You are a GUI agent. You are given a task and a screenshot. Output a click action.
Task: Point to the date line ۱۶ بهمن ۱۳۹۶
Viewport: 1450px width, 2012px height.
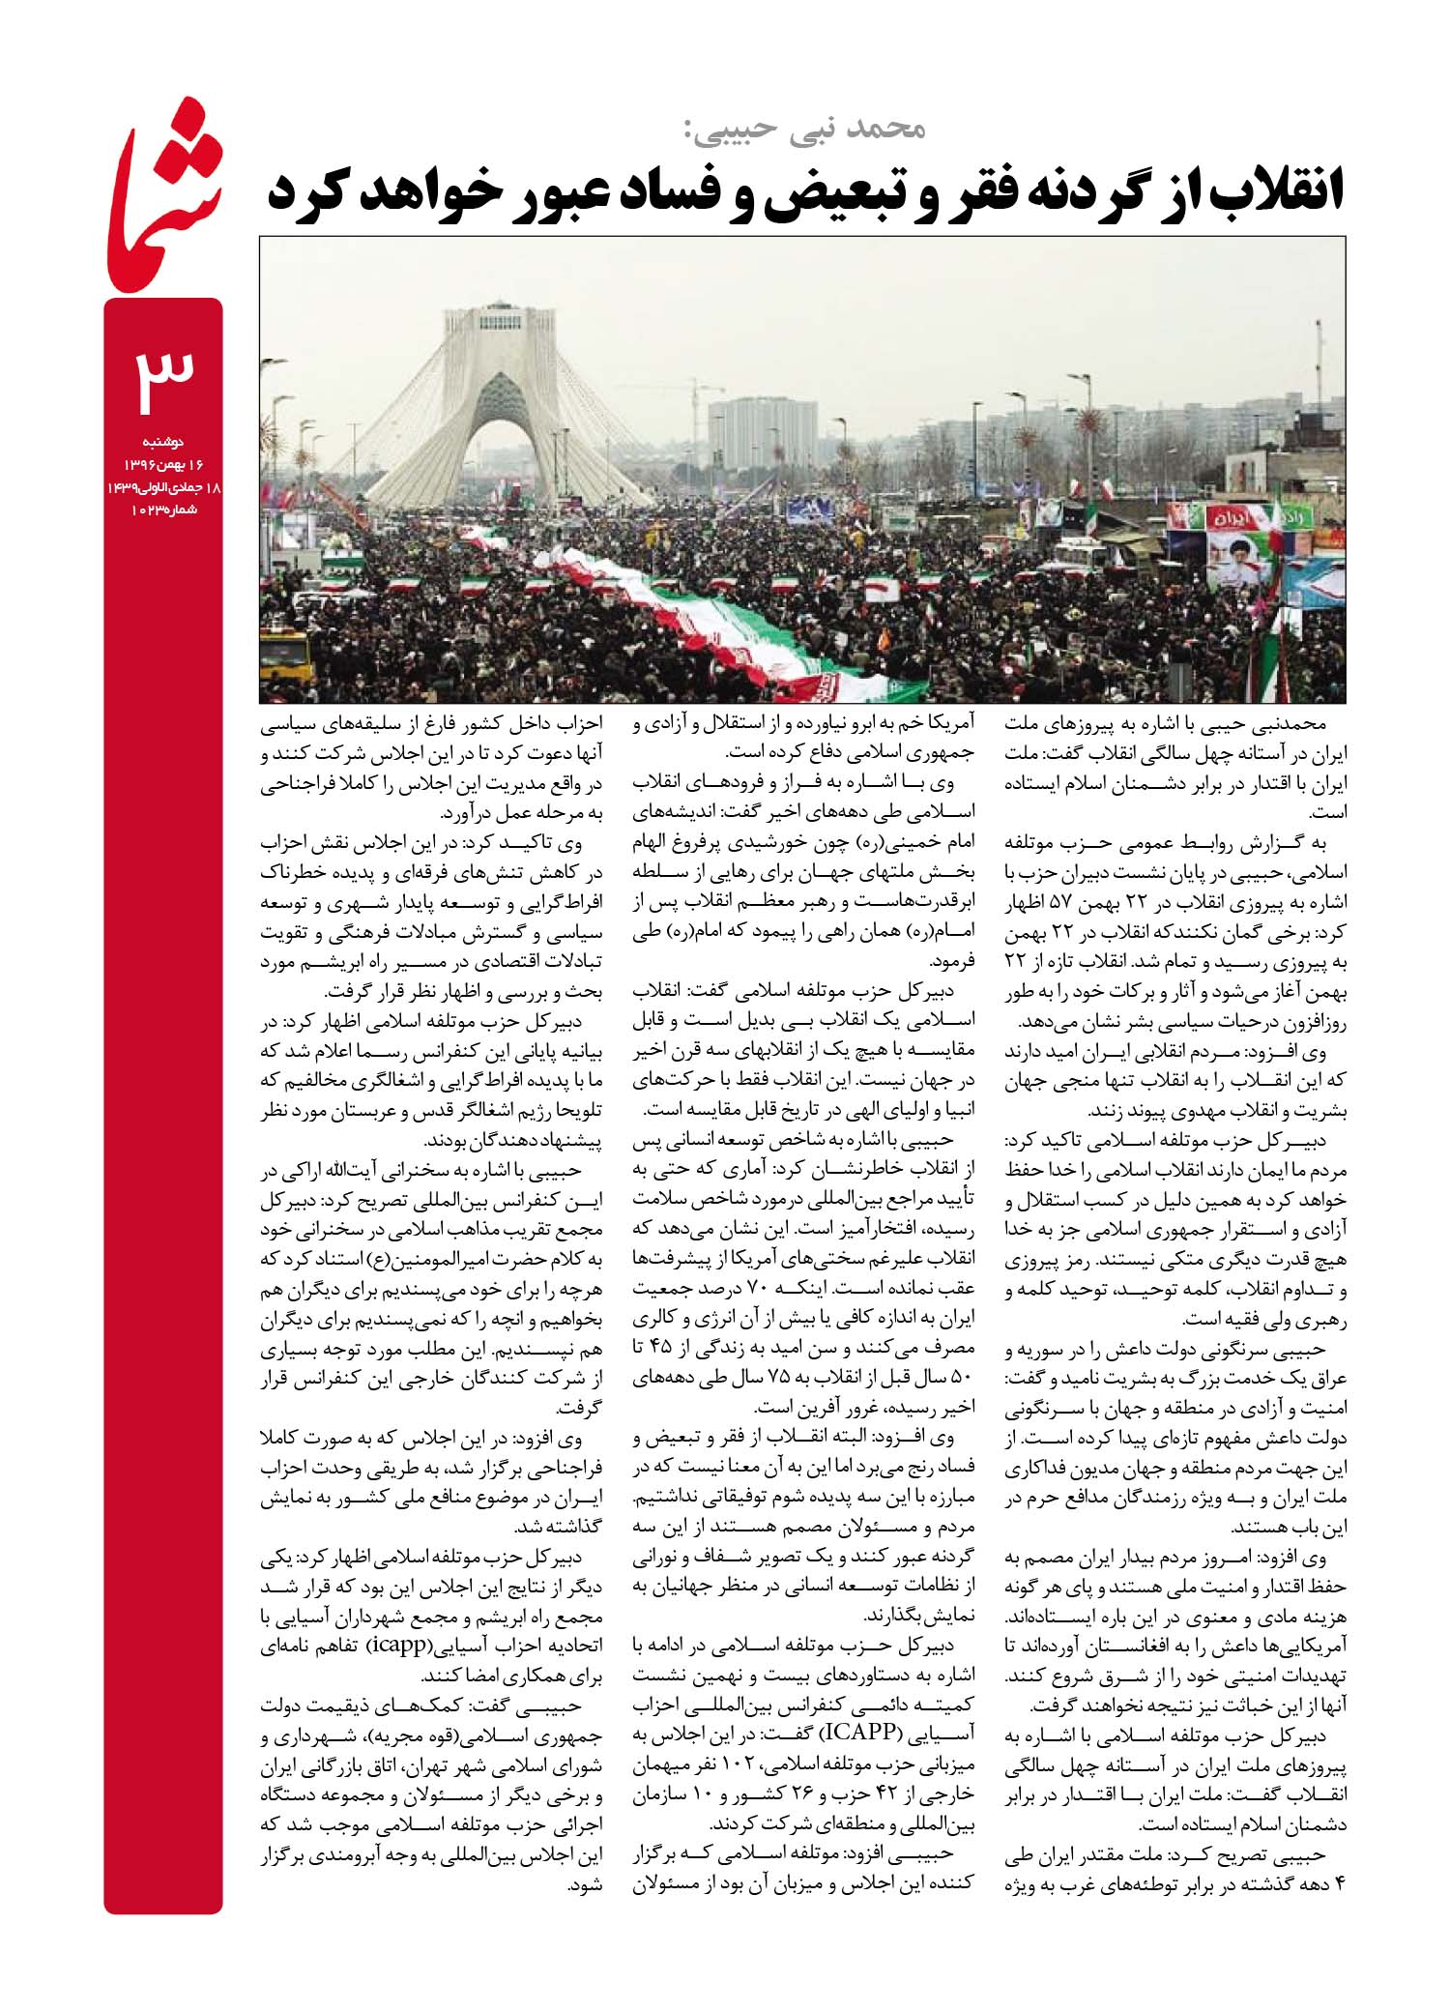(165, 465)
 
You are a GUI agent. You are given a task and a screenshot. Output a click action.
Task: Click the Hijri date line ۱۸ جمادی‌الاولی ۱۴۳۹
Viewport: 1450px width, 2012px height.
(164, 488)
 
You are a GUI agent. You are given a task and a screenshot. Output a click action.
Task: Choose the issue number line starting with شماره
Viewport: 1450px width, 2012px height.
(164, 510)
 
